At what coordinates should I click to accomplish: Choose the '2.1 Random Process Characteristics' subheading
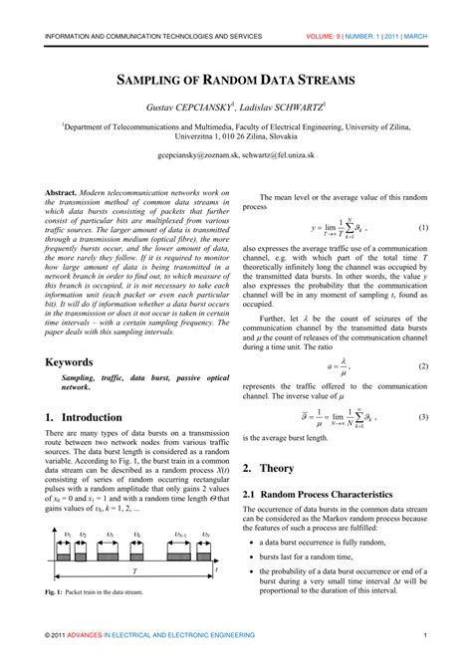pyautogui.click(x=320, y=495)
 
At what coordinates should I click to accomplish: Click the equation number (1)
pyautogui.click(x=423, y=228)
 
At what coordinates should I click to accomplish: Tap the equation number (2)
pyautogui.click(x=423, y=337)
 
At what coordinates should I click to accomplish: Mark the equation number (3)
pyautogui.click(x=423, y=388)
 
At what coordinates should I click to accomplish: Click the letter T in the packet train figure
pyautogui.click(x=135, y=573)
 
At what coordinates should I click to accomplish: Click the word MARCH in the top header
pyautogui.click(x=415, y=35)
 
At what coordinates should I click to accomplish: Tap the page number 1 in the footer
pyautogui.click(x=425, y=635)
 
